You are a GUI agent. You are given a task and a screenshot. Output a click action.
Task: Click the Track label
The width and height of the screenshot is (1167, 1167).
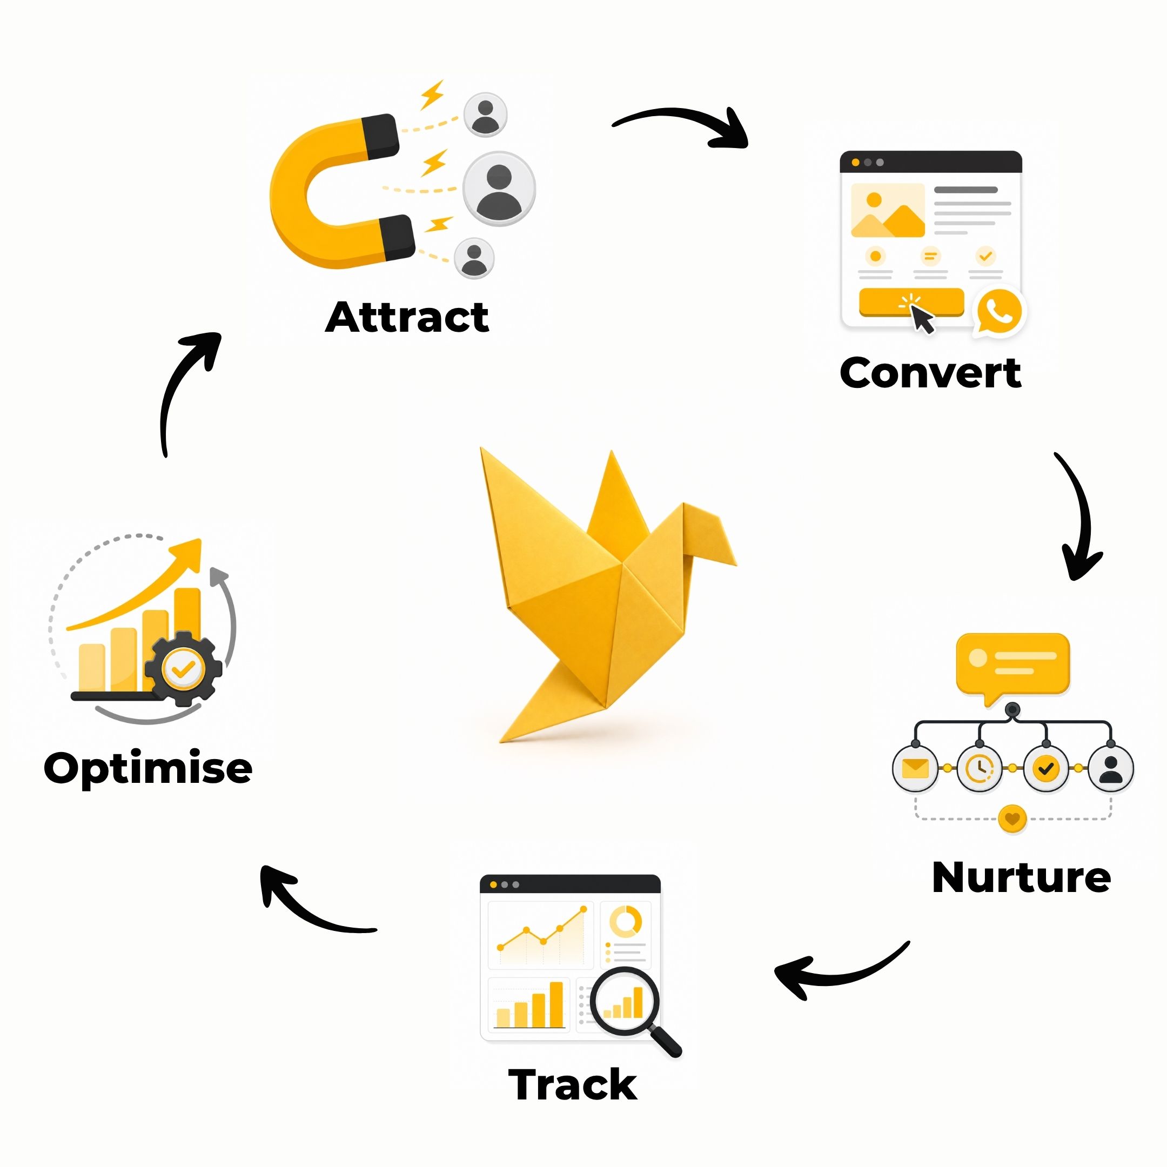[x=573, y=1084]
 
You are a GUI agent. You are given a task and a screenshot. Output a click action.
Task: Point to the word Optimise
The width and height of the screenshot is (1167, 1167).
[x=148, y=769]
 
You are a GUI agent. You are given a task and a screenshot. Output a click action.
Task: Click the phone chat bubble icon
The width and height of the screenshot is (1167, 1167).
[x=1000, y=312]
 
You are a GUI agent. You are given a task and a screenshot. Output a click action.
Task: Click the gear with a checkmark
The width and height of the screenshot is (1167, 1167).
[x=184, y=669]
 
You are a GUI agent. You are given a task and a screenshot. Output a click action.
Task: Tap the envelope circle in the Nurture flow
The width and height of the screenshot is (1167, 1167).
[x=915, y=768]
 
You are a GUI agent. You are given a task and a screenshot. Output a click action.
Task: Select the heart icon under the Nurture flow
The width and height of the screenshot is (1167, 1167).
[x=1012, y=819]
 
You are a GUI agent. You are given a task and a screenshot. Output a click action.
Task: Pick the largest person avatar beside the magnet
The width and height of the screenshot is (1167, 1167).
[x=499, y=189]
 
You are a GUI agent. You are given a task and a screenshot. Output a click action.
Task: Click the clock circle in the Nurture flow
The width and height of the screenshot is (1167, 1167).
[x=980, y=768]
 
